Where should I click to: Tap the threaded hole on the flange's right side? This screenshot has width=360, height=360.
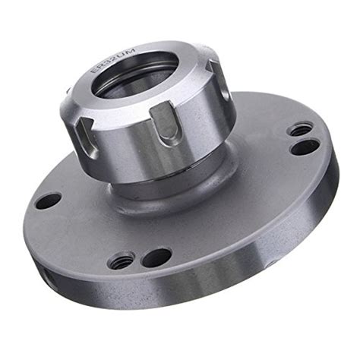[298, 130]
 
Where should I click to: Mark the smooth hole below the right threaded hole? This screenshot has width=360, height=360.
[305, 147]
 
